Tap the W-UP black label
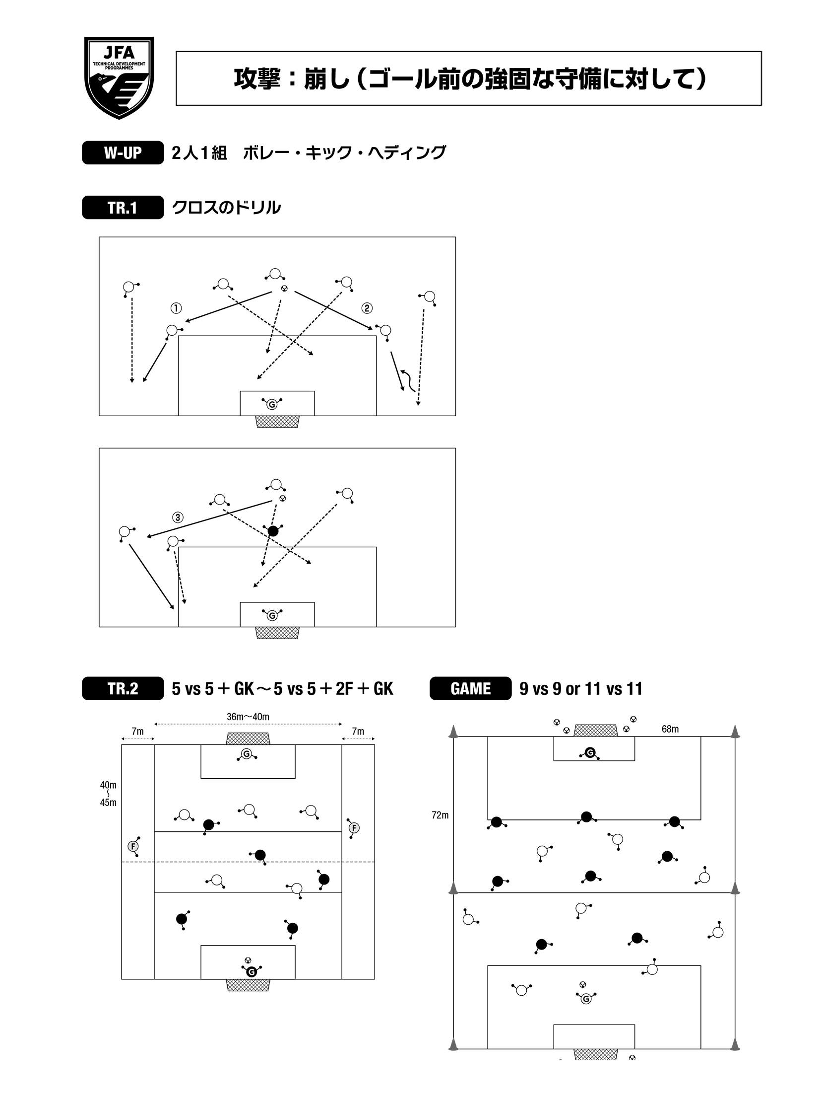[123, 152]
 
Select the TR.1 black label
[123, 208]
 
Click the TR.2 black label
[123, 689]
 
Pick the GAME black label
[470, 689]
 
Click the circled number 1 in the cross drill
[176, 308]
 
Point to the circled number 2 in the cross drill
[367, 308]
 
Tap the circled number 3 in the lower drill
[178, 517]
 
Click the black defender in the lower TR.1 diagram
[273, 530]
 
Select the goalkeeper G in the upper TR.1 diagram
[271, 404]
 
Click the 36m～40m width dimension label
[248, 717]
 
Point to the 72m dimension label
[440, 815]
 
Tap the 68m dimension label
[670, 730]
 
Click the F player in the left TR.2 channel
[133, 846]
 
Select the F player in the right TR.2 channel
[354, 828]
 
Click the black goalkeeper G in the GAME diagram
[590, 753]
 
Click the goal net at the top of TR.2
[248, 738]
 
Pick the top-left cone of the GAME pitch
[453, 733]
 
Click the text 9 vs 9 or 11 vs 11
[581, 689]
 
